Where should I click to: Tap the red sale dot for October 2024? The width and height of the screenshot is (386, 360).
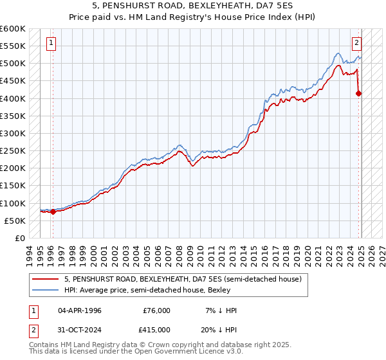359,93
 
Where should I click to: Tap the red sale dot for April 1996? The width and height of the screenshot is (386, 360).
53,212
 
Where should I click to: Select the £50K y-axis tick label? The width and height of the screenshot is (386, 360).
15,221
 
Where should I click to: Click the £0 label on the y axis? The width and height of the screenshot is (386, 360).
20,238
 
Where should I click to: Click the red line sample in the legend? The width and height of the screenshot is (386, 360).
45,280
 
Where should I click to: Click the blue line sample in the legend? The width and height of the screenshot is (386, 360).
45,291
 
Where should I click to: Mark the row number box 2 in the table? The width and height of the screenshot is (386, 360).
33,330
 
